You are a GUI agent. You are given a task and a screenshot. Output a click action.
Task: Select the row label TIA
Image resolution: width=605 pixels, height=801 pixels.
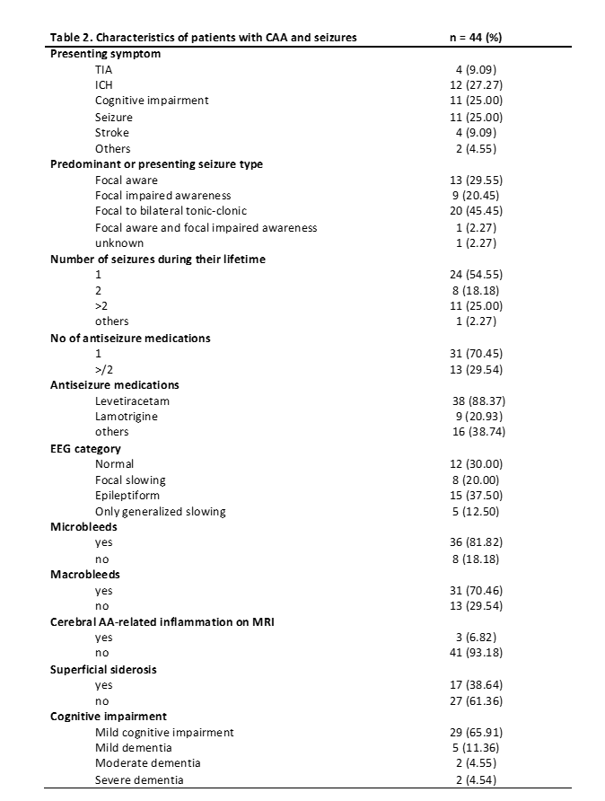pos(104,69)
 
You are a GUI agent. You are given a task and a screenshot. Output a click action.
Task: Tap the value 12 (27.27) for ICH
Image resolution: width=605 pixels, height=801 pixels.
pos(478,84)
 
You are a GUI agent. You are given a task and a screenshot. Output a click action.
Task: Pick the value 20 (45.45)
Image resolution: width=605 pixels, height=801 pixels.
pos(478,211)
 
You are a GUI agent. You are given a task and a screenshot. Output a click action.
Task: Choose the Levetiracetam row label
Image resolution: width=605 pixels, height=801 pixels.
pos(132,400)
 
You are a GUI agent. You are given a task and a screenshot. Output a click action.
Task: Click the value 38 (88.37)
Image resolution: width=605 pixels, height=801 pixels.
pos(478,400)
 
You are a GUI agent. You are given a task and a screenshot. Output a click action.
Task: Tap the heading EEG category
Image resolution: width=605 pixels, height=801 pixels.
pos(85,448)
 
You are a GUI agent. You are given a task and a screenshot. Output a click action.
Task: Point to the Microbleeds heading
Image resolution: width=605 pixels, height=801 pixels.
pos(83,527)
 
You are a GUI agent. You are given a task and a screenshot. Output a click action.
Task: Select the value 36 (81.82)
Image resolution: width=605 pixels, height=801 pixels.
pos(478,542)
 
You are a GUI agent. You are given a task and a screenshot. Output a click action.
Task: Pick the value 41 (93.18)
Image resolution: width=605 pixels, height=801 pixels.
pos(478,653)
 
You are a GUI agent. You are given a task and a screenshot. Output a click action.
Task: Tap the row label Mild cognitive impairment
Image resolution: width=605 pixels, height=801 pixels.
pos(164,732)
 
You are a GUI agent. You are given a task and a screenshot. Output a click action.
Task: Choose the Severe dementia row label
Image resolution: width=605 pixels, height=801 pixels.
pos(139,779)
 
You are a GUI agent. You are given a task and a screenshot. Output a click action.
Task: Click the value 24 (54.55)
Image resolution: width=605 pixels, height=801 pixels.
pos(478,275)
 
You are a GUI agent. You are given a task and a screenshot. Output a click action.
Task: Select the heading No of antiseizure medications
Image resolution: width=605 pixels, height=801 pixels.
pos(130,338)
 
